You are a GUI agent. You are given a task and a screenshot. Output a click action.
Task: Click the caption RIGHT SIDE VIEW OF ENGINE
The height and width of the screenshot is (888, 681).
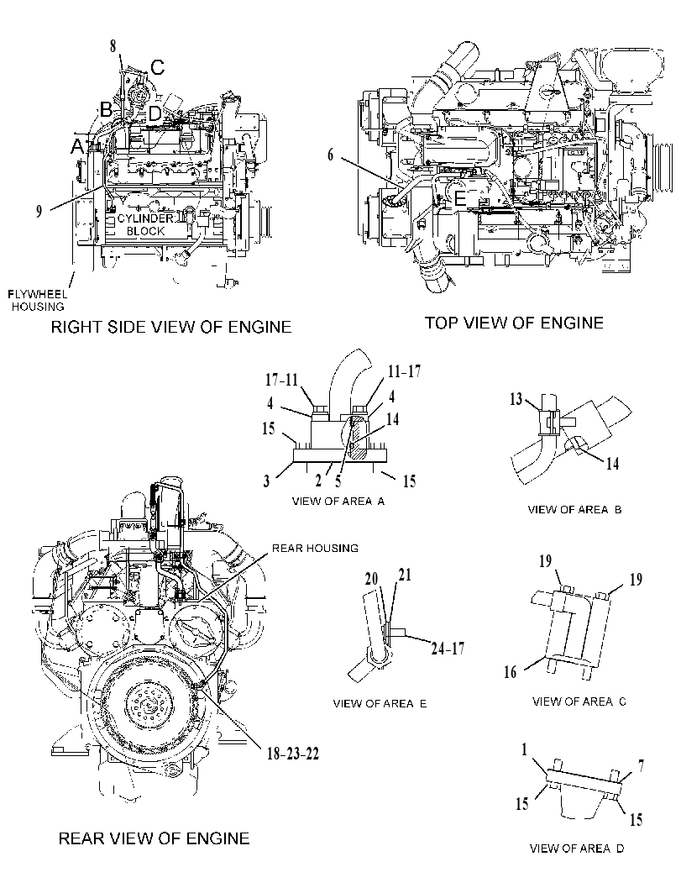tap(171, 327)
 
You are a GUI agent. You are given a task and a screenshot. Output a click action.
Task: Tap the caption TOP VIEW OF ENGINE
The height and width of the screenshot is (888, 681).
tap(514, 323)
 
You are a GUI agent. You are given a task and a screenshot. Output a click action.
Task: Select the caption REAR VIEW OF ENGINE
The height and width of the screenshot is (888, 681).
tap(154, 838)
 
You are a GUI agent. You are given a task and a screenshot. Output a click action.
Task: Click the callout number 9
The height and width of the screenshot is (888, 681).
tap(39, 211)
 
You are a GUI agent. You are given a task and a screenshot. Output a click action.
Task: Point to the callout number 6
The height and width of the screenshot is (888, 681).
tap(331, 155)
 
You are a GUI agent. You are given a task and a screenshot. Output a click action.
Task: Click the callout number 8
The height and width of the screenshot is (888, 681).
tap(113, 46)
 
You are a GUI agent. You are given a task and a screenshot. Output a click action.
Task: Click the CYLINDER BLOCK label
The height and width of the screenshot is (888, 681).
tap(145, 225)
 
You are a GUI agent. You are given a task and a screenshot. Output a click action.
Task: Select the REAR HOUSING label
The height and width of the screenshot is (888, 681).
tap(316, 549)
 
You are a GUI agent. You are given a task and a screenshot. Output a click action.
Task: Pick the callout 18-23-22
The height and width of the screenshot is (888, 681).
tap(293, 754)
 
